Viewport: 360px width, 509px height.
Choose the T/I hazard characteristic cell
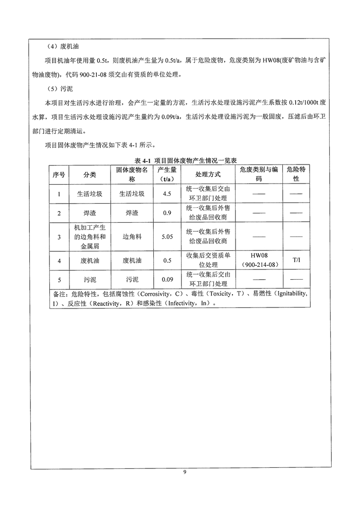(296, 261)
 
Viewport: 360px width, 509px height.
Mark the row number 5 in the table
(59, 280)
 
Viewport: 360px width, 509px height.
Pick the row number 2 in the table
(59, 213)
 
